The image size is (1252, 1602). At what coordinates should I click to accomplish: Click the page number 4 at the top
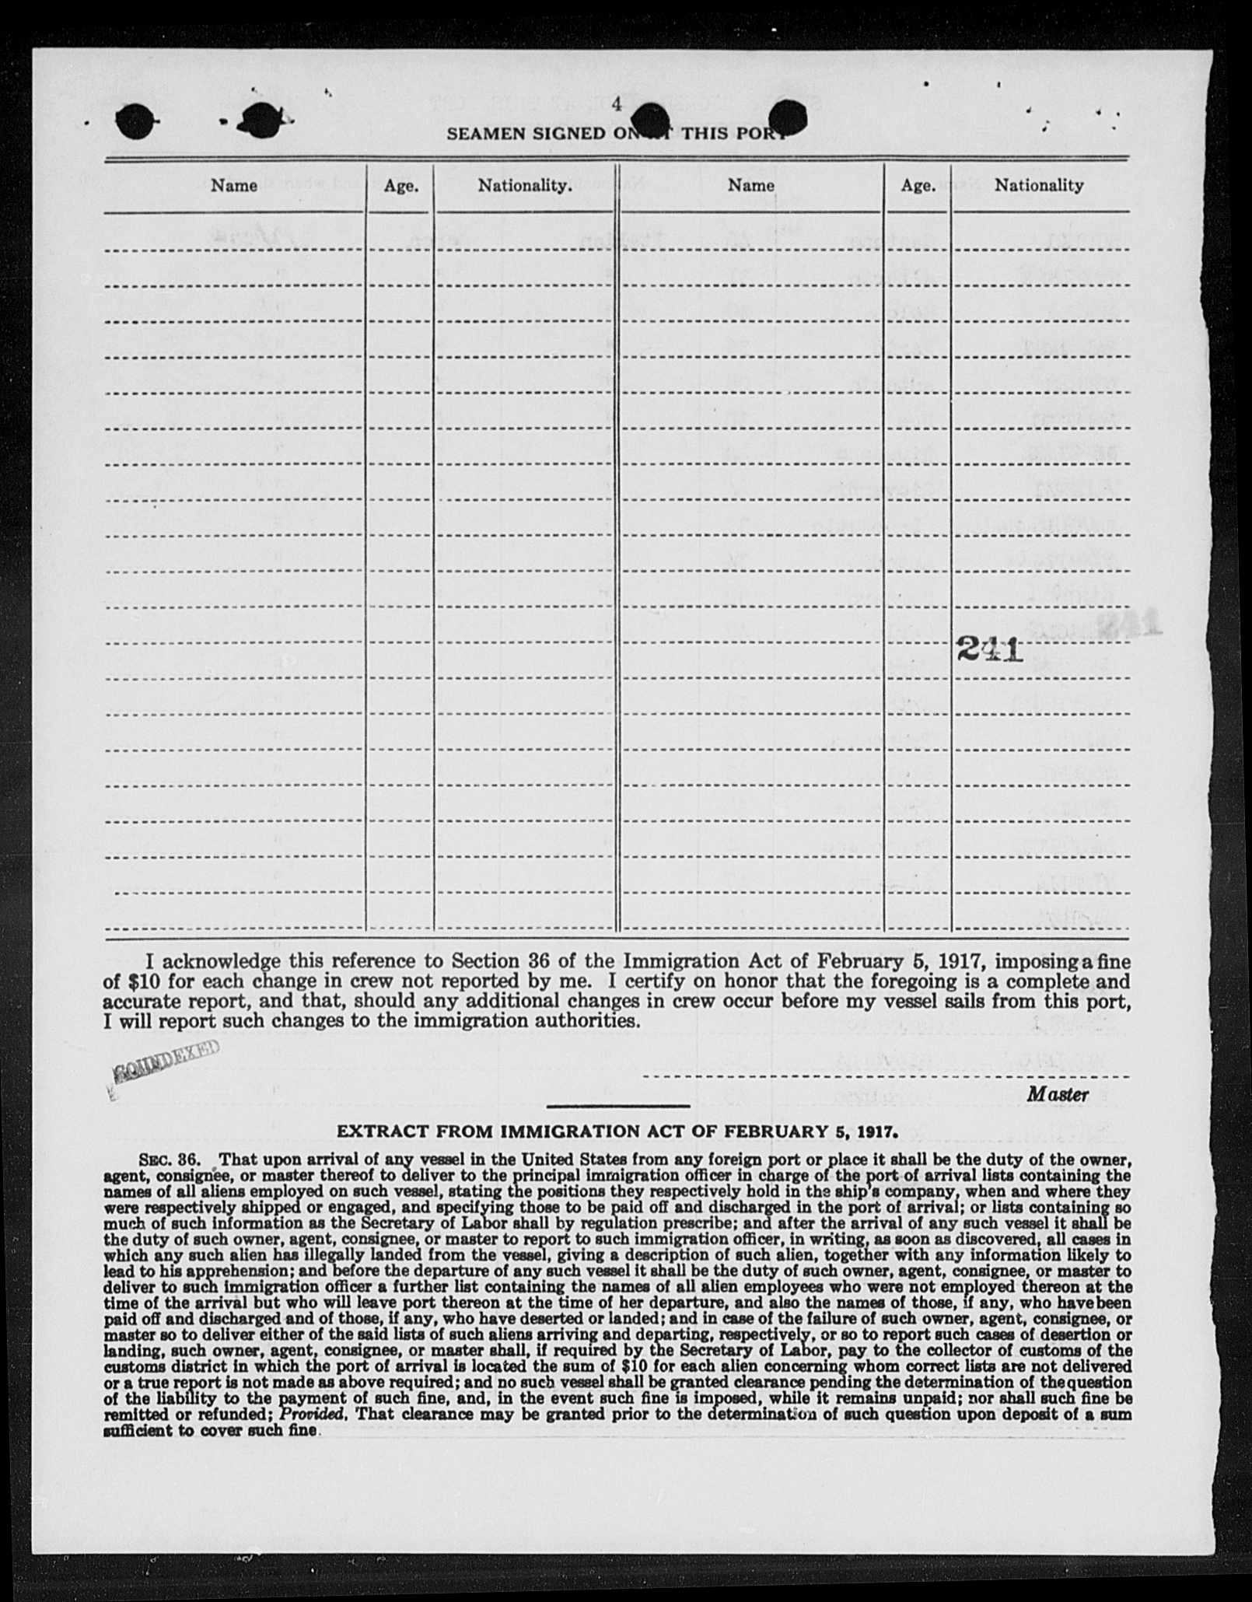[x=617, y=104]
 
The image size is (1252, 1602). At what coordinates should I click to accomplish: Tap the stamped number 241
[x=988, y=649]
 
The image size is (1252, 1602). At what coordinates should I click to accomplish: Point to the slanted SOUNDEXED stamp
[x=165, y=1062]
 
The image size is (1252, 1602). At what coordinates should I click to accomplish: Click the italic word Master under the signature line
[x=1057, y=1094]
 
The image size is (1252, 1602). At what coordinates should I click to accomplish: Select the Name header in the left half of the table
[x=234, y=185]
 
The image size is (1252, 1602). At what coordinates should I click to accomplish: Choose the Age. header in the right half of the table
[x=918, y=186]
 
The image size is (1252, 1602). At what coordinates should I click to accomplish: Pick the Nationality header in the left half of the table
[x=525, y=186]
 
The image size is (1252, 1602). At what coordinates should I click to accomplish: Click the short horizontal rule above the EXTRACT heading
[x=618, y=1106]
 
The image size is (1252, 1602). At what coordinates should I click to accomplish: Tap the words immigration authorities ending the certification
[x=512, y=1021]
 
